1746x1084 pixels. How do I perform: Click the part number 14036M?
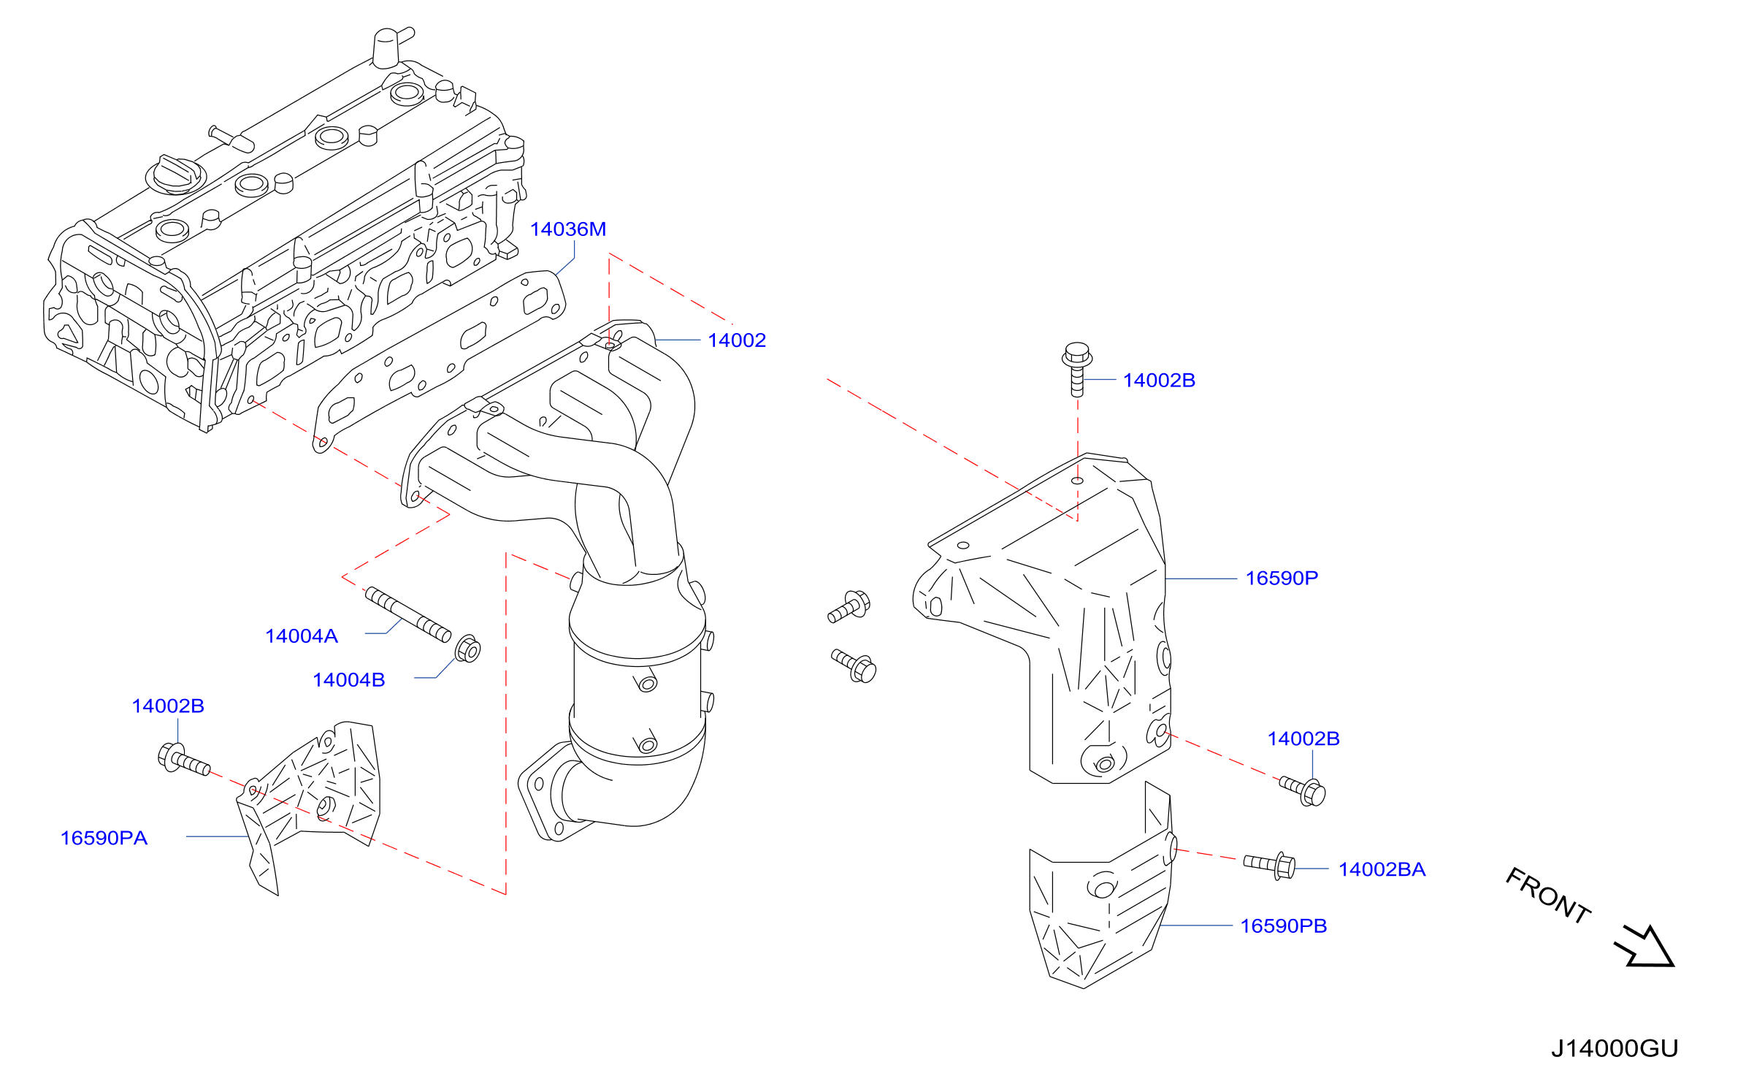click(567, 229)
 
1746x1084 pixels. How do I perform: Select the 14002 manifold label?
click(737, 340)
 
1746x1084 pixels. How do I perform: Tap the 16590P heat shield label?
click(1282, 579)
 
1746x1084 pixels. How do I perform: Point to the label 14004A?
click(302, 636)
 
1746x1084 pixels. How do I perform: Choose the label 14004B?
click(349, 680)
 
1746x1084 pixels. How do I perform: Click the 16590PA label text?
click(104, 838)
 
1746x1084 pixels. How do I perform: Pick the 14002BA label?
click(1382, 869)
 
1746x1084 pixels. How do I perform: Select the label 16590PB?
click(1284, 926)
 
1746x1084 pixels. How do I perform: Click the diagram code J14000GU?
click(1615, 1048)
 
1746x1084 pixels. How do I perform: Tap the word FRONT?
click(1548, 896)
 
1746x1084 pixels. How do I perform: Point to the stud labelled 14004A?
click(408, 615)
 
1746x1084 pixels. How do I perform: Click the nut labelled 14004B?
click(467, 649)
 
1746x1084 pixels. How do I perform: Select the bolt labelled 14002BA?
click(1270, 866)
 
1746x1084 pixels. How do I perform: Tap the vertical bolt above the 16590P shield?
click(1077, 369)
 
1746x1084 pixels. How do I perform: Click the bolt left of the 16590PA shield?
click(184, 760)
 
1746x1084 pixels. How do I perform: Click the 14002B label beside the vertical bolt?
click(1159, 381)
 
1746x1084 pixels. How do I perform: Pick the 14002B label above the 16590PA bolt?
click(168, 706)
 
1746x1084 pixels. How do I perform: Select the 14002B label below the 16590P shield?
click(1303, 739)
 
